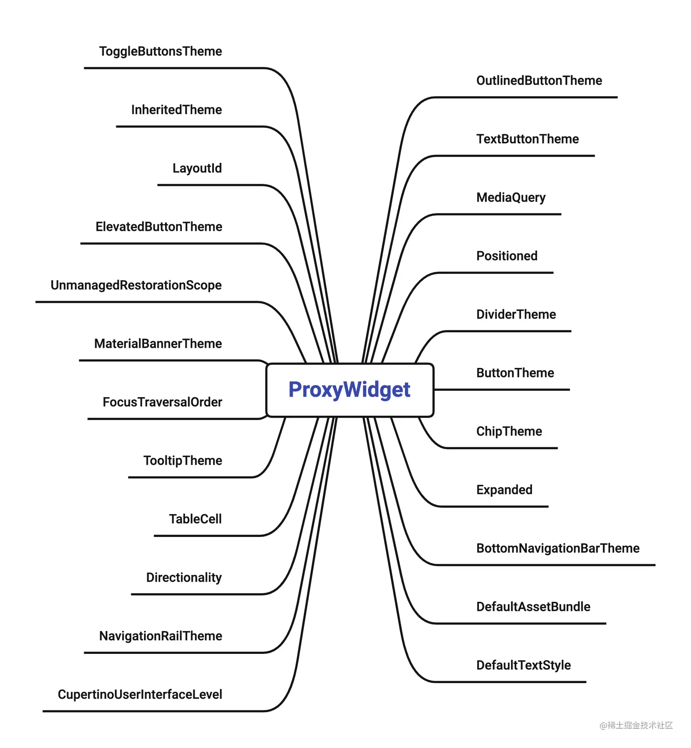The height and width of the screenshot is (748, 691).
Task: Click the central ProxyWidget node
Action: (x=350, y=390)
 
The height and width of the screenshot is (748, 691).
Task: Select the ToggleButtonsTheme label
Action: (x=160, y=51)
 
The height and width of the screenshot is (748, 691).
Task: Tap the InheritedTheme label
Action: (x=176, y=110)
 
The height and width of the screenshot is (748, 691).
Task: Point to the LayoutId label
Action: (x=197, y=168)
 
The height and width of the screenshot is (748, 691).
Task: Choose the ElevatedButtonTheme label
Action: (x=159, y=227)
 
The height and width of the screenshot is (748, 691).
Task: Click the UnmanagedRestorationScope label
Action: (x=136, y=285)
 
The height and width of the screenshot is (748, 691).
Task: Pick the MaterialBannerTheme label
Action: (x=158, y=344)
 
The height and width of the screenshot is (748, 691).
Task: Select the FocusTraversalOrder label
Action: (x=162, y=402)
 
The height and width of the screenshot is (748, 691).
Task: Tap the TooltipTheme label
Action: (x=182, y=461)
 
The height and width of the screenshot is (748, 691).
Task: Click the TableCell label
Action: (x=195, y=519)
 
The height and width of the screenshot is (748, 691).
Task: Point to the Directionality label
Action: (x=184, y=578)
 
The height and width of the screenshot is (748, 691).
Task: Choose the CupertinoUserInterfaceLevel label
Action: (x=140, y=695)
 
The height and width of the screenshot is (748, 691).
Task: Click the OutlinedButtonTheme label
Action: (x=539, y=80)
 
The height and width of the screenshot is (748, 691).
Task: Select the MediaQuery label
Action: (x=510, y=197)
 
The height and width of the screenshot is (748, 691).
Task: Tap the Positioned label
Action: (x=507, y=256)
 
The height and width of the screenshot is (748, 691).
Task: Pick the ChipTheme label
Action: (x=509, y=431)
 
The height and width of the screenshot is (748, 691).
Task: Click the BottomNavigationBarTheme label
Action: (x=558, y=548)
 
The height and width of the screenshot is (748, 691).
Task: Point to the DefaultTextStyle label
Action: (x=523, y=665)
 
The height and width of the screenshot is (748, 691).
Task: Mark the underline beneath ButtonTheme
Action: (x=503, y=390)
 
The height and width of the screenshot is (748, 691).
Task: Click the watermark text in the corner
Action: (x=636, y=725)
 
